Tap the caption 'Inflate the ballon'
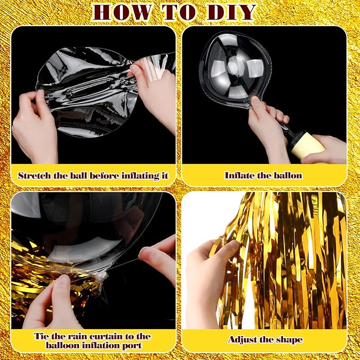(x=263, y=175)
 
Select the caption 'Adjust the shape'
(x=265, y=339)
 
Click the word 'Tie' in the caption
(x=41, y=336)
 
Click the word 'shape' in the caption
(x=288, y=339)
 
